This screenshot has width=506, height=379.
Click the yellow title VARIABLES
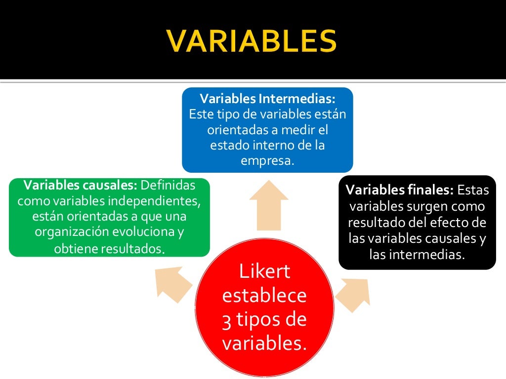252,41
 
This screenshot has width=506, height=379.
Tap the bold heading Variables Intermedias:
267,98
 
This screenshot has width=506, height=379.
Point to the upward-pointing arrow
268,204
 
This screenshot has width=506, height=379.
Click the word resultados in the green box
132,249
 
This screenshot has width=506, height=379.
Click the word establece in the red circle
264,296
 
